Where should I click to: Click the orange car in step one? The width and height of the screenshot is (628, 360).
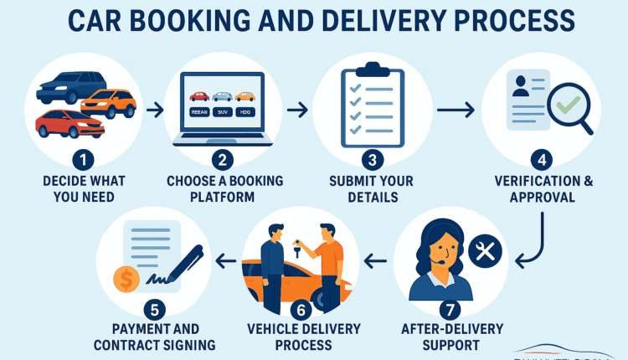click(109, 103)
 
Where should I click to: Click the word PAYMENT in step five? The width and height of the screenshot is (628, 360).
click(135, 328)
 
